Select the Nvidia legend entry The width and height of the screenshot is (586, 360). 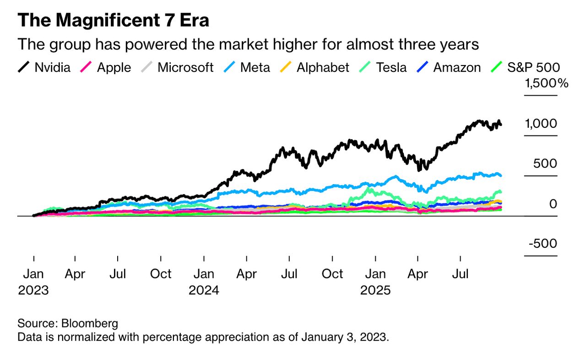[x=44, y=68]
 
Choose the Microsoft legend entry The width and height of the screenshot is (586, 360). [x=177, y=68]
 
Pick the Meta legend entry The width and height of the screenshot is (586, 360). [x=247, y=68]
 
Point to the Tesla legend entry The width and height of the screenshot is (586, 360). [x=383, y=68]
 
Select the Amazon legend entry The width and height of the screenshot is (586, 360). [x=449, y=68]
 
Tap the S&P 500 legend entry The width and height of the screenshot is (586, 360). [x=526, y=68]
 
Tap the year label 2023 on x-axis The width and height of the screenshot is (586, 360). [x=33, y=291]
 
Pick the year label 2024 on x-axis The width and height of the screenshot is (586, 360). [x=204, y=291]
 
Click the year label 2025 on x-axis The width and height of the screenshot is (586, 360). [x=375, y=291]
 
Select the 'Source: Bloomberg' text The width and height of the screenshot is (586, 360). [x=68, y=323]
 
